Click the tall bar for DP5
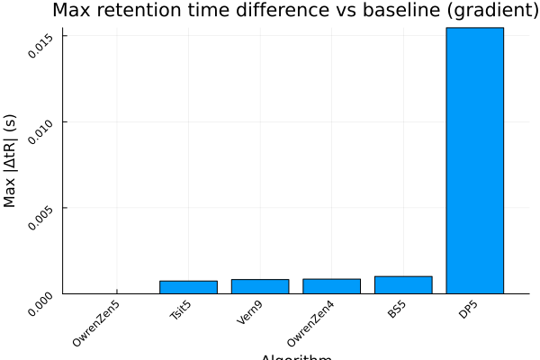pyautogui.click(x=474, y=160)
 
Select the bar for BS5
pyautogui.click(x=403, y=284)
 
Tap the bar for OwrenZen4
pyautogui.click(x=331, y=286)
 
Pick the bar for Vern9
pyautogui.click(x=260, y=286)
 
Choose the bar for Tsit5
pyautogui.click(x=189, y=287)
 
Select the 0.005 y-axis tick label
pyautogui.click(x=41, y=213)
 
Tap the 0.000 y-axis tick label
pyautogui.click(x=41, y=298)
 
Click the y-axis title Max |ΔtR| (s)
pyautogui.click(x=11, y=160)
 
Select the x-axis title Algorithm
pyautogui.click(x=296, y=356)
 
